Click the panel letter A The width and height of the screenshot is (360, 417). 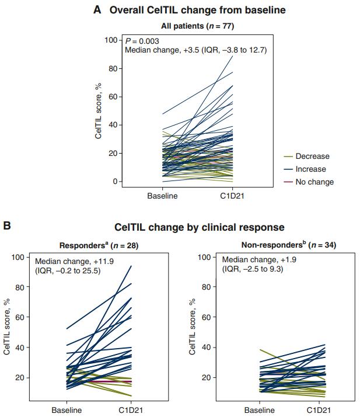[x=97, y=10]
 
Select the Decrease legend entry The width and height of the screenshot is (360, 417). [x=312, y=157]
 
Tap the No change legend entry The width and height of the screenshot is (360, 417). [x=314, y=182]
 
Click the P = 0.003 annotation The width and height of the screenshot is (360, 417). [x=143, y=41]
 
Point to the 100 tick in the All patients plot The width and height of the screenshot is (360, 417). [x=111, y=40]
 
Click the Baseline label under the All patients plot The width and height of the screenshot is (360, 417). [x=162, y=196]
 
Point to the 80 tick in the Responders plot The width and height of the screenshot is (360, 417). [x=22, y=287]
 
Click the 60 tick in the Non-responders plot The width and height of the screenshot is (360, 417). [x=205, y=317]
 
